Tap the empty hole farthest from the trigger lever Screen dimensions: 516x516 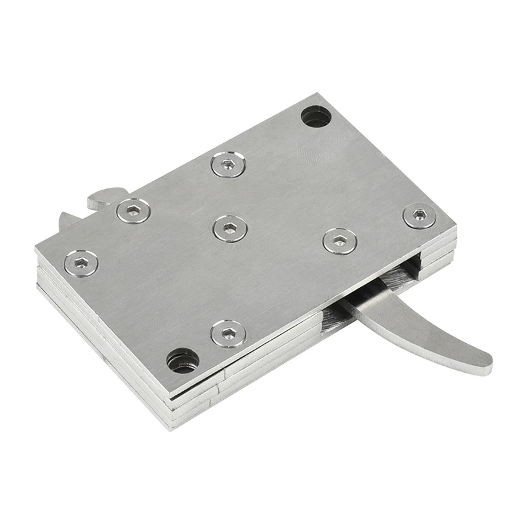(x=316, y=116)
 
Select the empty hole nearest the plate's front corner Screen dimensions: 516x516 (x=183, y=360)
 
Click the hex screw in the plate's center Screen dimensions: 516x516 (x=230, y=228)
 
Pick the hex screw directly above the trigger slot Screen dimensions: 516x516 (x=339, y=241)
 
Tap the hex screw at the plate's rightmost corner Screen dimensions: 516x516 (x=419, y=215)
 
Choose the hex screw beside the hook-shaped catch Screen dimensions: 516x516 (x=134, y=210)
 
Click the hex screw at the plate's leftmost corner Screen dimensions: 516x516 (x=81, y=263)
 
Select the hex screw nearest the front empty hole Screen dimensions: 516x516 (x=228, y=333)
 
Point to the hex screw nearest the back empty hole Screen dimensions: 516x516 (x=228, y=164)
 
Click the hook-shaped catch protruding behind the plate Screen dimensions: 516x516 (x=106, y=197)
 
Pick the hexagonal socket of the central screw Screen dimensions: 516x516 (x=230, y=227)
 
